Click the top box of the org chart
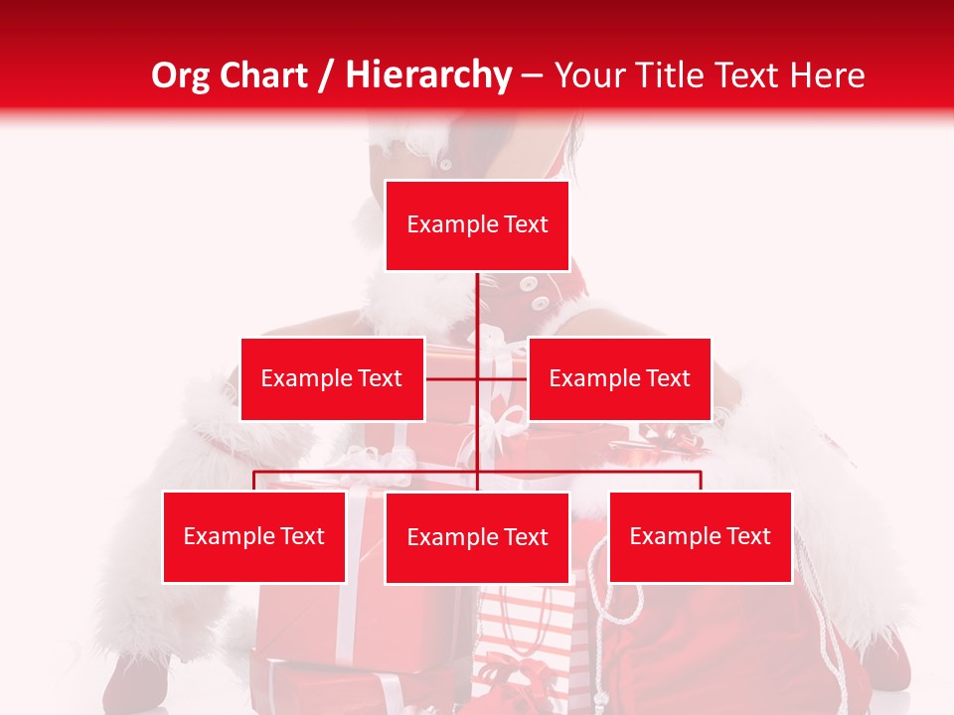(477, 225)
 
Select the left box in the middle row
(332, 378)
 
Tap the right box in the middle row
(619, 378)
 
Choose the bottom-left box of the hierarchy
(254, 536)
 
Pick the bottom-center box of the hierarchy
(477, 537)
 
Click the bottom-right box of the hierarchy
(701, 536)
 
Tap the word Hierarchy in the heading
(427, 75)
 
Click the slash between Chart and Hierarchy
(326, 75)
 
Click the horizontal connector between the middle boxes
(477, 379)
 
